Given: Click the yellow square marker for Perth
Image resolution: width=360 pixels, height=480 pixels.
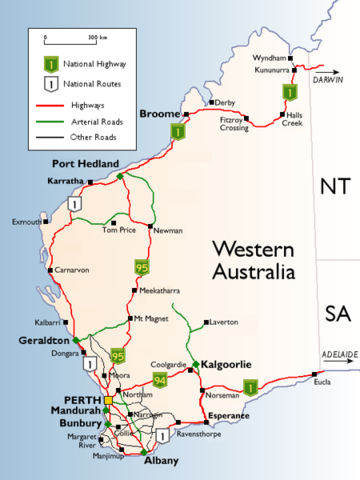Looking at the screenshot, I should pos(108,400).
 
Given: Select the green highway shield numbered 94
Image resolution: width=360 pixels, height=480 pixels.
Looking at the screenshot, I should pos(159,380).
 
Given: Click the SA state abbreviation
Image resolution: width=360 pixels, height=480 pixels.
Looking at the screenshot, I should pos(332,316).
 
